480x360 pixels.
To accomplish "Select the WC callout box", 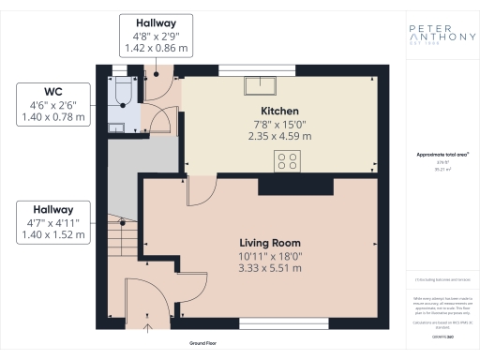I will click(x=54, y=104).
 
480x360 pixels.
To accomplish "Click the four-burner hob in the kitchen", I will click(x=286, y=161).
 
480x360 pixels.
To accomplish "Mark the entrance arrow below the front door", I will click(x=146, y=328).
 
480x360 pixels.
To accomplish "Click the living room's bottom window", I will click(x=271, y=323).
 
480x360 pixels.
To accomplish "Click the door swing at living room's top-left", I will click(x=197, y=191).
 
